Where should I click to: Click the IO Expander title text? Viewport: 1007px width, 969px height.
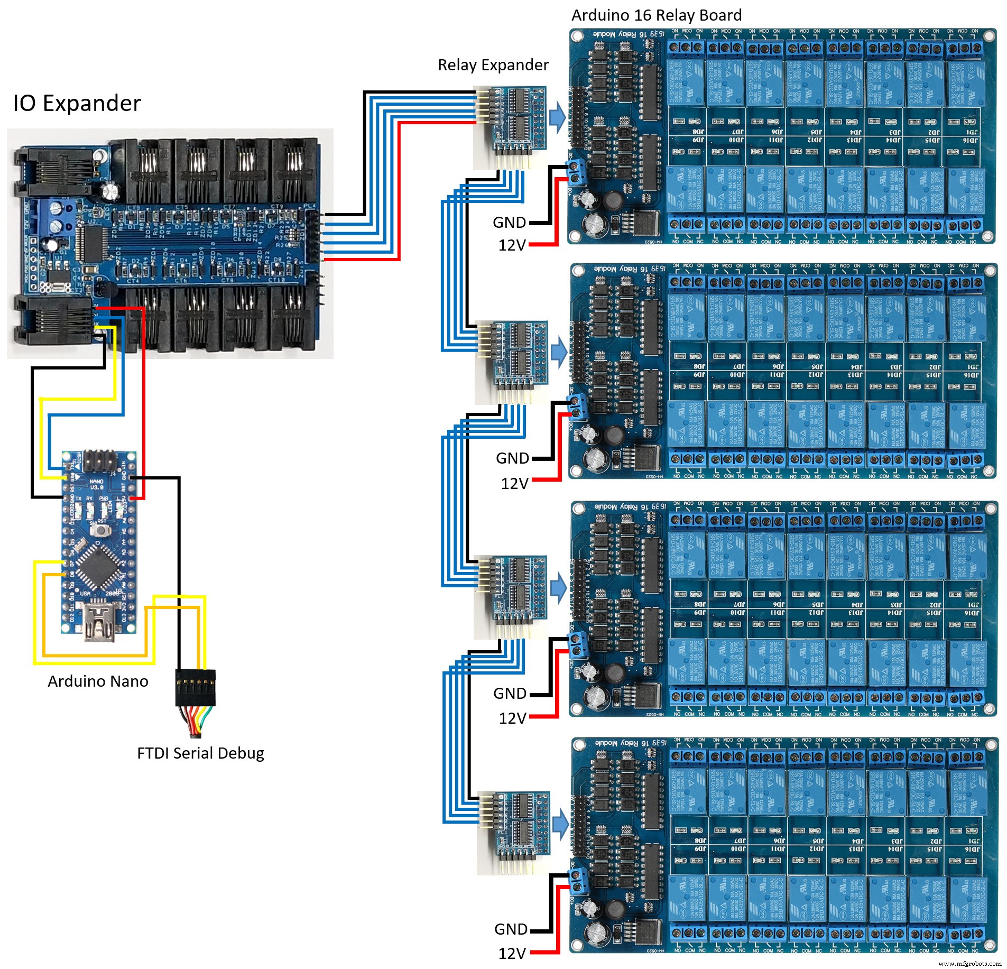[77, 103]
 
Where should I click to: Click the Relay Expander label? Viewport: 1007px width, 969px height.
[493, 65]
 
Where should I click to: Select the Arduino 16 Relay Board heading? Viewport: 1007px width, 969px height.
[656, 15]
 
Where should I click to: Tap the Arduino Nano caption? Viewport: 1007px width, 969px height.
[98, 681]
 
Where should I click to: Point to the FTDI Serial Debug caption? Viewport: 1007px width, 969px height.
[200, 753]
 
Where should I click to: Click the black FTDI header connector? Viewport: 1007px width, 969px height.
[195, 687]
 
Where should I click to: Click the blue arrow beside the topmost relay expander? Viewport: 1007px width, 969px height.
[557, 117]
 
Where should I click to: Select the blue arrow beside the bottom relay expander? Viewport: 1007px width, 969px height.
[560, 823]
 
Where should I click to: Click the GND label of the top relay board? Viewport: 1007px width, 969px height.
[509, 223]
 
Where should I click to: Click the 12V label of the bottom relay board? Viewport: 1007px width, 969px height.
[512, 953]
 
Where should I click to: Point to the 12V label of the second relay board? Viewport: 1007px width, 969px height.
[514, 483]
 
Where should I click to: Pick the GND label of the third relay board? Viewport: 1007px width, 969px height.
[510, 693]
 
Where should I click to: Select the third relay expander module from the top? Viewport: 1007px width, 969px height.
[511, 588]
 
